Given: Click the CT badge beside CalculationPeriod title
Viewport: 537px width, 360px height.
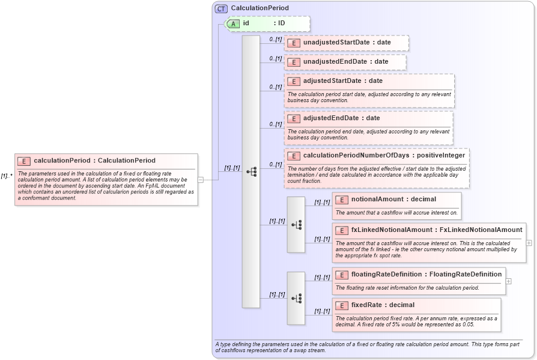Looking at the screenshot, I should coord(221,8).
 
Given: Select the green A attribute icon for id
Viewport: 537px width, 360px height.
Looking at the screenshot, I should coord(232,23).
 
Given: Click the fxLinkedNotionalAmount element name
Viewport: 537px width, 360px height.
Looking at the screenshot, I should coord(392,230).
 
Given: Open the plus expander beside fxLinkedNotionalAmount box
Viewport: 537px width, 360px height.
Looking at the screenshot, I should coord(529,243).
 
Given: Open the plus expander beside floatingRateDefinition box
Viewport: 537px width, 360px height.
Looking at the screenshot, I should coord(508,281).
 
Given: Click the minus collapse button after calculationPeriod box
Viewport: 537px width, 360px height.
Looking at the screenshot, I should coord(201,179).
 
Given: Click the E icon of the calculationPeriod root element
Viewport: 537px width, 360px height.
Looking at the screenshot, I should coord(25,161).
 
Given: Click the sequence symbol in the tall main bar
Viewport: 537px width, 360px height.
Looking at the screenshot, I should coord(251,172).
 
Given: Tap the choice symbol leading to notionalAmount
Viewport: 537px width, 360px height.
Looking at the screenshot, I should coord(296,225).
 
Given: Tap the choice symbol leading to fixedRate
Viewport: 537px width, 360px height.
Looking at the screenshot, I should coord(296,298).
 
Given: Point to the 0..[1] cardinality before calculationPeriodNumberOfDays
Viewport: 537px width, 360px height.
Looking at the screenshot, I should coord(275,164).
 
